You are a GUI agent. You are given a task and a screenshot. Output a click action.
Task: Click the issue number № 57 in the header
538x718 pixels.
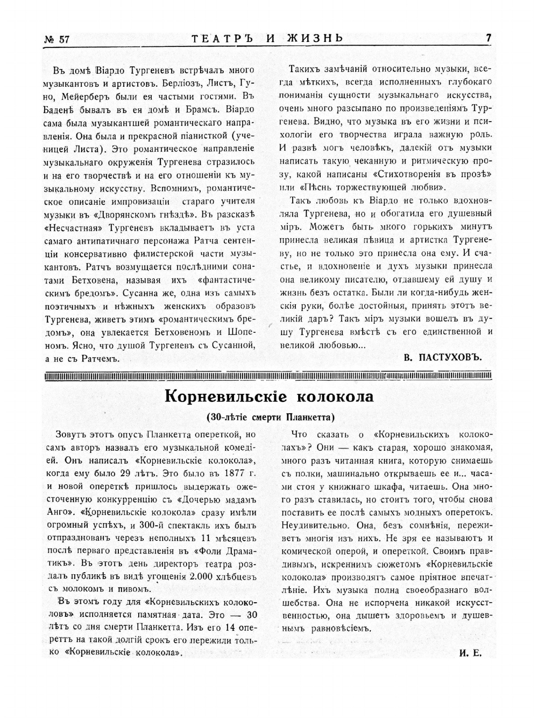[56, 39]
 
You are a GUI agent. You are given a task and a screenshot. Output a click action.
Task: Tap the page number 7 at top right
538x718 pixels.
[489, 38]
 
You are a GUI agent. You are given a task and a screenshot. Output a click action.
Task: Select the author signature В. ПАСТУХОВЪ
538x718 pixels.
[442, 357]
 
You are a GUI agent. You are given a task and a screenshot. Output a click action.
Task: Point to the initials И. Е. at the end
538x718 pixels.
[470, 653]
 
